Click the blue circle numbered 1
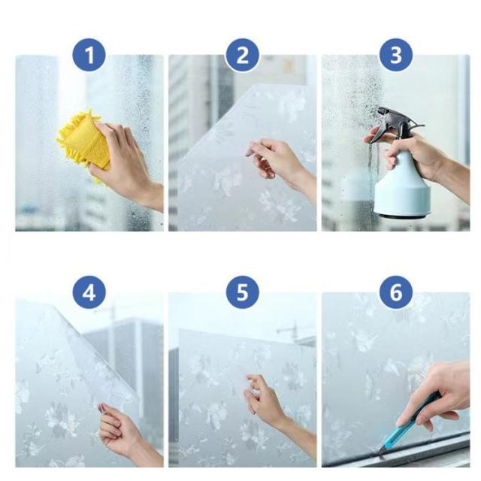89,55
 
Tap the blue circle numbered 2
242,55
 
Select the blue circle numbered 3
396,55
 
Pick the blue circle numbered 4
89,292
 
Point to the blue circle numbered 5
242,292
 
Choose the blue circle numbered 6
396,292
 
